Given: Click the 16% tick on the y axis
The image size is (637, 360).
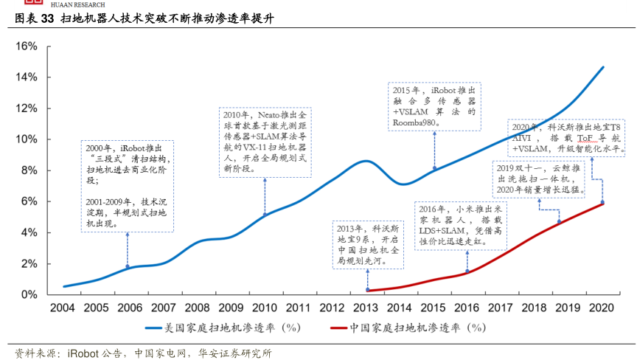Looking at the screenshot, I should pos(27,46).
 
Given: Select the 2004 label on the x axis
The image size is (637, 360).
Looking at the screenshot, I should pos(63,307).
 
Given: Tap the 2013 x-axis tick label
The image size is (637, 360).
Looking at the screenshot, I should pos(367,307).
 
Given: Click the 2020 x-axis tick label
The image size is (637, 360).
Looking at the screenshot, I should pos(603,307).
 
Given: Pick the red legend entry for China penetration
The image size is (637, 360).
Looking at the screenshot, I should pos(409,327).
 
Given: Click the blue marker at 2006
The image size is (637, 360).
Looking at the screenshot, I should pos(128,267).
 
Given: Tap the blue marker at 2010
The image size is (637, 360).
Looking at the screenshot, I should pos(265,215).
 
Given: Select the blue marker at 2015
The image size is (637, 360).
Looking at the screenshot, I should pos(434,169).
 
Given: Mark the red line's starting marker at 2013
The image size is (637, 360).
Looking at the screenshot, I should pos(367,290).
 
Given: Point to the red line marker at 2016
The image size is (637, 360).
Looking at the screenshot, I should pos(467,272).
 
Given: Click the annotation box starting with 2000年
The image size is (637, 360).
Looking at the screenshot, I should pos(128,185).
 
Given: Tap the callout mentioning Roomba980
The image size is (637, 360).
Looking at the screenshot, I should pos(434,105).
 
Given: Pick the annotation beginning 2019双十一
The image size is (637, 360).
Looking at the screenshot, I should pos(540,179).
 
